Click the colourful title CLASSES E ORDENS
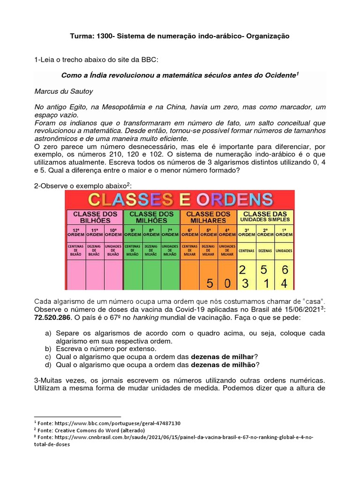pyautogui.click(x=180, y=200)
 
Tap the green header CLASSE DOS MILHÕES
pyautogui.click(x=151, y=217)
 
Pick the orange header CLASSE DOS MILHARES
pyautogui.click(x=208, y=217)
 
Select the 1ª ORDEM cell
pyautogui.click(x=285, y=232)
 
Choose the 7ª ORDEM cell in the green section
pyautogui.click(x=170, y=232)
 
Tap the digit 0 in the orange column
pyautogui.click(x=227, y=283)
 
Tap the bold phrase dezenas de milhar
pyautogui.click(x=222, y=357)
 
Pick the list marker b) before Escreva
pyautogui.click(x=48, y=349)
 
